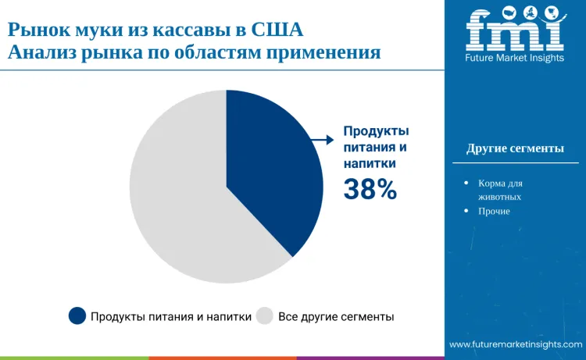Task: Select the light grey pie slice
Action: click(x=180, y=203)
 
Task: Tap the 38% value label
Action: click(x=370, y=189)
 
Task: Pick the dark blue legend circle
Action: click(x=77, y=315)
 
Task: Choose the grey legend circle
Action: click(x=264, y=315)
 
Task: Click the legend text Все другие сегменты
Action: click(x=336, y=316)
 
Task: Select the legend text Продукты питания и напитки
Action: click(x=171, y=316)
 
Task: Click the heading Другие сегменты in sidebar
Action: click(x=515, y=148)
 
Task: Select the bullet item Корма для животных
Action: click(x=500, y=190)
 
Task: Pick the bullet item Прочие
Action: click(x=494, y=211)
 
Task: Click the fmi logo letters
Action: click(x=514, y=30)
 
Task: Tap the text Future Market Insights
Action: click(x=514, y=59)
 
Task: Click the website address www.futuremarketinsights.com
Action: click(x=516, y=344)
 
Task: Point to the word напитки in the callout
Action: click(x=370, y=163)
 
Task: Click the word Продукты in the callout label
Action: click(x=377, y=130)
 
